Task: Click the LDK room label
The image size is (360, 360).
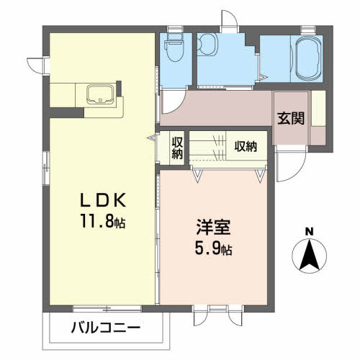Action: click(103, 200)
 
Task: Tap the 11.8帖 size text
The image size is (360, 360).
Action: click(103, 221)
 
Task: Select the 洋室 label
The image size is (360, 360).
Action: click(213, 227)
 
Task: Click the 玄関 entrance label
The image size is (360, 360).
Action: click(291, 118)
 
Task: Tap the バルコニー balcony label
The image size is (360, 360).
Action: click(106, 328)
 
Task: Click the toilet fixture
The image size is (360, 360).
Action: click(175, 48)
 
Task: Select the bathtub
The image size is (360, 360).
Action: click(308, 58)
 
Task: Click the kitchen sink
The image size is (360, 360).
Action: click(100, 94)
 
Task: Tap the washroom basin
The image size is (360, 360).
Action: click(207, 44)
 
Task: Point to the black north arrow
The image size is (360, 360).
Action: click(310, 255)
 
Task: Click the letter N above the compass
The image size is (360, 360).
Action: click(309, 232)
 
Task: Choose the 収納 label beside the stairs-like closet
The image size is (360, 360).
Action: click(246, 146)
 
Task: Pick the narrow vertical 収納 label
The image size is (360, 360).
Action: click(177, 148)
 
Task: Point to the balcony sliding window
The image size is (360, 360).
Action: click(107, 309)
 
